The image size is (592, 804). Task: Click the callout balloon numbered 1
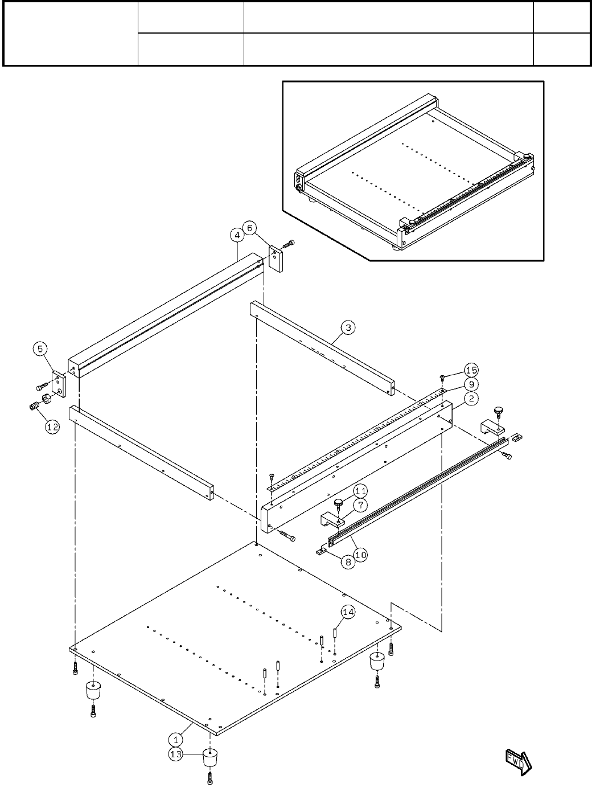point(176,739)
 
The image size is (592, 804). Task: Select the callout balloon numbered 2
point(470,399)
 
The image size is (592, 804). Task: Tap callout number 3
point(348,327)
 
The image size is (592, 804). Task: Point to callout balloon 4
point(237,234)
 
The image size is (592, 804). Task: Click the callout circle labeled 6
point(250,227)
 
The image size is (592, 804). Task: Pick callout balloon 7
point(360,504)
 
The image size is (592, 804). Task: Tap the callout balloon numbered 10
point(360,553)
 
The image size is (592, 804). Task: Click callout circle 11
point(360,490)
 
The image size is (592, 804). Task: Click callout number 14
point(348,612)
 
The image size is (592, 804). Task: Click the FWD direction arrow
point(518,761)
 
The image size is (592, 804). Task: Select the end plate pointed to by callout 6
point(276,259)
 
